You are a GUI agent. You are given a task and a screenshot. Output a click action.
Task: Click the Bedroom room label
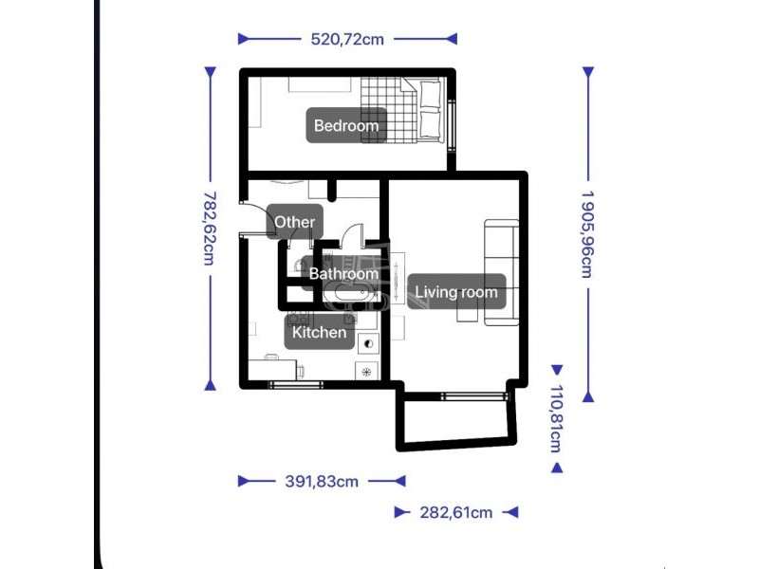346,125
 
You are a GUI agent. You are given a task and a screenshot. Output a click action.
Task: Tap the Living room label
456,292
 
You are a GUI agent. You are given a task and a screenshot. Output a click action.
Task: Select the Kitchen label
320,332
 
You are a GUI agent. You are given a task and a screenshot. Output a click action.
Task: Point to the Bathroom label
343,274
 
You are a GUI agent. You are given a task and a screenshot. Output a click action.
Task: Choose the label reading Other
294,222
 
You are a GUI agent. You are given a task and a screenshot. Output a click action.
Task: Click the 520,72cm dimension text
347,39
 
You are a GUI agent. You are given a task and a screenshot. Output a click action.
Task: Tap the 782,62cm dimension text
210,228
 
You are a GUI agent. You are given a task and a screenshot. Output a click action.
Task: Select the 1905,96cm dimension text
587,233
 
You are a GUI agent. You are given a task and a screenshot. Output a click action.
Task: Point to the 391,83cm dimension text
322,481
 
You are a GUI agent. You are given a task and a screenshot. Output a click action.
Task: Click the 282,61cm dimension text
456,512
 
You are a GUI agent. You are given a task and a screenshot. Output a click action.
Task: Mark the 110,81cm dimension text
557,418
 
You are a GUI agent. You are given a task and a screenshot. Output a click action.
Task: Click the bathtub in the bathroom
351,293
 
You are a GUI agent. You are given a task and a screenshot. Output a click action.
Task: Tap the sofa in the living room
502,272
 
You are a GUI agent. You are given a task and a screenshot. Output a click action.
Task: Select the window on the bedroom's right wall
452,123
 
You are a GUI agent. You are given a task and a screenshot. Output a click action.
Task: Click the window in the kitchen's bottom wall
296,385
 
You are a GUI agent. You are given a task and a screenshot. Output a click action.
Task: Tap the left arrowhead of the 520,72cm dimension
245,39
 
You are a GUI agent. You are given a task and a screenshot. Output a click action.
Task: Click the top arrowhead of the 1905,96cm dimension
587,73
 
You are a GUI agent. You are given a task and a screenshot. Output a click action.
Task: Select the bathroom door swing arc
352,232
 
